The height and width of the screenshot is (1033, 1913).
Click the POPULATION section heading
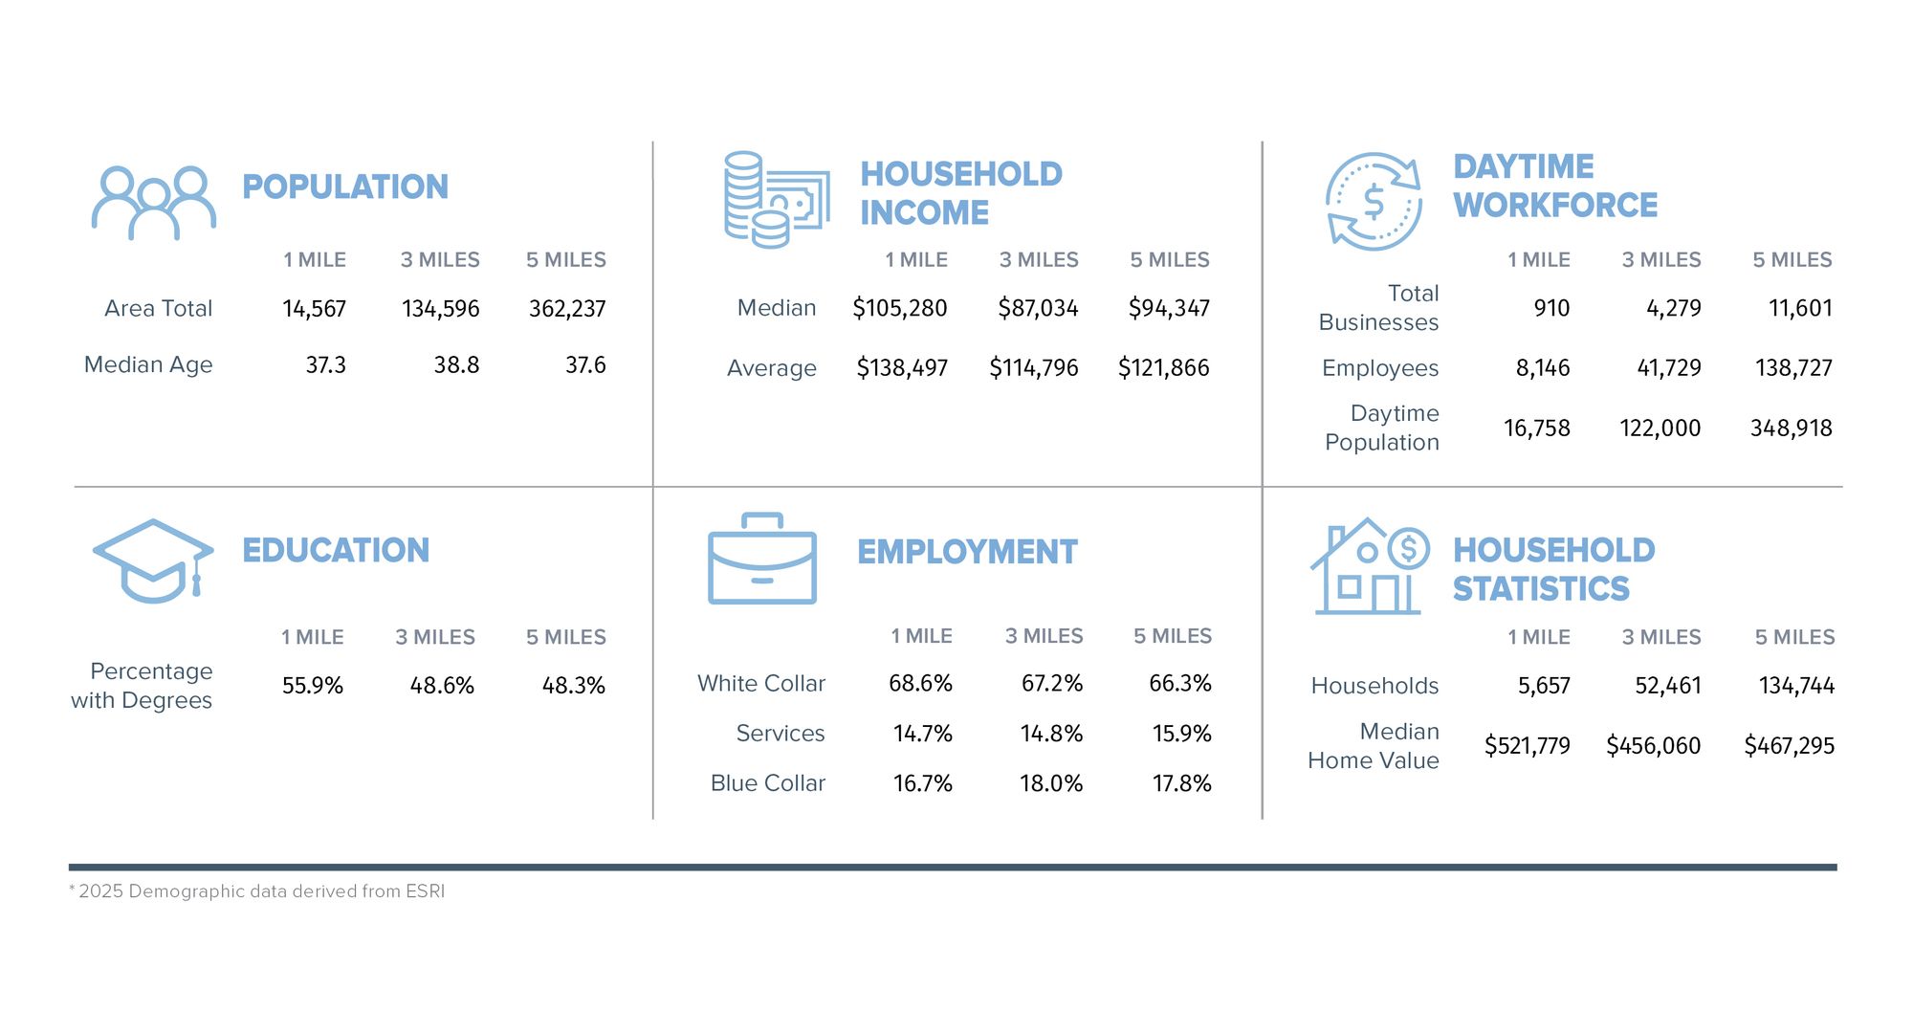[x=345, y=187]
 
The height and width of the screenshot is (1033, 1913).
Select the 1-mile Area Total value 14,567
[x=314, y=309]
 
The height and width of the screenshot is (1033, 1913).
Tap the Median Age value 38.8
[x=456, y=365]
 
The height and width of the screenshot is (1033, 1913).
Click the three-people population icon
[x=153, y=203]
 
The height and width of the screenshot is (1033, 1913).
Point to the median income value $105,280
[x=899, y=308]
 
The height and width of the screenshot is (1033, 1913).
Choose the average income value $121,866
[x=1163, y=368]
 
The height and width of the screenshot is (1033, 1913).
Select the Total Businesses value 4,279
[x=1673, y=308]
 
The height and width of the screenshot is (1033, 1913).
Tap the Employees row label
[x=1379, y=368]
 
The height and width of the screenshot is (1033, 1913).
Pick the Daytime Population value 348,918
[x=1791, y=428]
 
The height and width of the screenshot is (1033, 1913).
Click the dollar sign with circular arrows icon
[x=1374, y=202]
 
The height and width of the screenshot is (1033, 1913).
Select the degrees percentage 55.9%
[x=312, y=686]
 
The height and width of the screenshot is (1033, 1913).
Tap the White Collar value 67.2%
[x=1051, y=684]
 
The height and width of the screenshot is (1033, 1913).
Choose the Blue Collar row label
[x=767, y=783]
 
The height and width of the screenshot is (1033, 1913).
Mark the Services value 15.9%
[x=1181, y=734]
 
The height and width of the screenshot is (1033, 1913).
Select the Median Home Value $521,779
[x=1527, y=746]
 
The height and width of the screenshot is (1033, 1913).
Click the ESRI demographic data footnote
[x=257, y=891]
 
